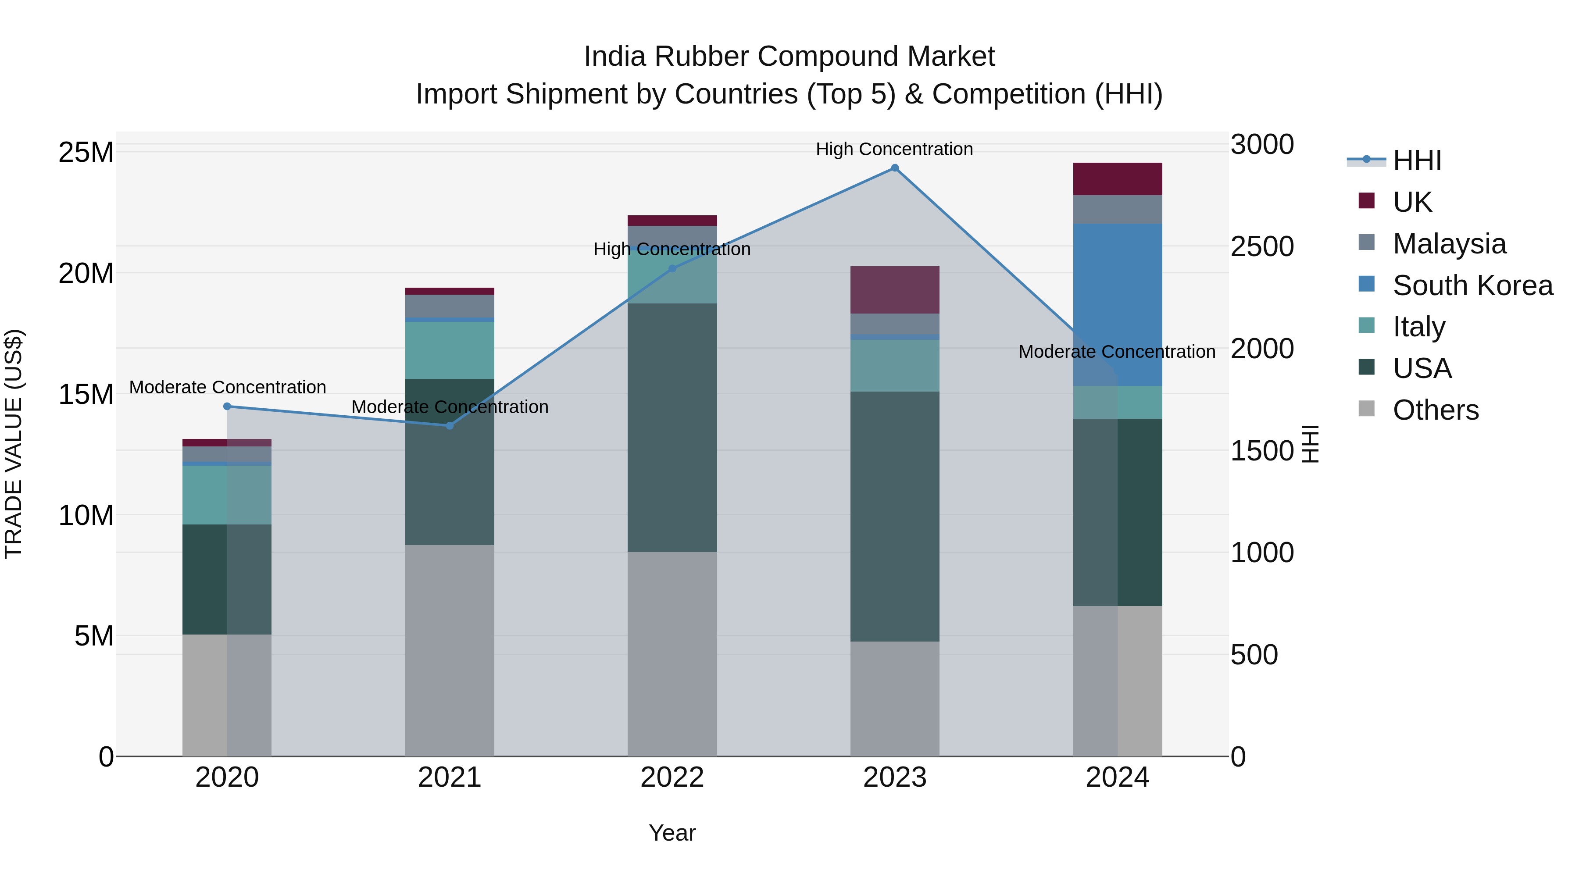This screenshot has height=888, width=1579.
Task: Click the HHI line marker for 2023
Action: [x=894, y=168]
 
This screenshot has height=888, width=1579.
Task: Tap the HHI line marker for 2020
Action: [x=227, y=407]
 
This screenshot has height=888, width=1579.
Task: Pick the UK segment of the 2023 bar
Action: [x=894, y=290]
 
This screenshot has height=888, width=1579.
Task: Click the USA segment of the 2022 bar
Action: [x=672, y=427]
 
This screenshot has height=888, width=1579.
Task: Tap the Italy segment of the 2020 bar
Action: [x=227, y=495]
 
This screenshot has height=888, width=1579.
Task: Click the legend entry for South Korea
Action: [x=1472, y=285]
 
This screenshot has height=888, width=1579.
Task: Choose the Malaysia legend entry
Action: [x=1449, y=244]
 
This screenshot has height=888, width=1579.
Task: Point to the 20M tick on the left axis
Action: [x=86, y=273]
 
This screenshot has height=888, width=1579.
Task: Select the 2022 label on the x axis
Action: [x=672, y=777]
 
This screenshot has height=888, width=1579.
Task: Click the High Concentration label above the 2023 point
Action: [x=894, y=149]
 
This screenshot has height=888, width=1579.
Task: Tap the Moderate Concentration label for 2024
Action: [x=1116, y=352]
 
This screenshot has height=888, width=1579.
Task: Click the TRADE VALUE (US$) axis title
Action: [x=14, y=444]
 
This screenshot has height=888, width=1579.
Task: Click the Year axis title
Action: [x=672, y=833]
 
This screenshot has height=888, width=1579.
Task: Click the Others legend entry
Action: [x=1435, y=410]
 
